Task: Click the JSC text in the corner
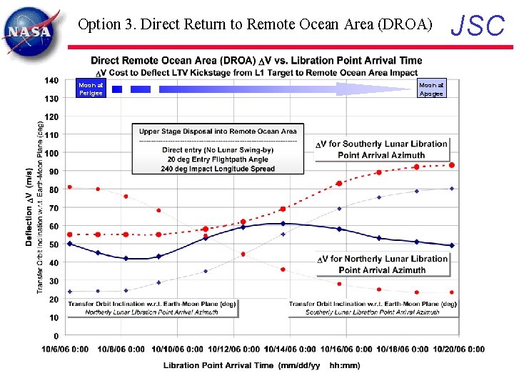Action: [x=479, y=26]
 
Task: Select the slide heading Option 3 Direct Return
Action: [x=255, y=24]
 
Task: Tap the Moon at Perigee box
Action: [x=91, y=89]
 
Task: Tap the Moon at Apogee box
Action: [x=431, y=89]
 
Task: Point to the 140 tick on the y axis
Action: [x=51, y=80]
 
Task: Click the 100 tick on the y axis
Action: [x=51, y=153]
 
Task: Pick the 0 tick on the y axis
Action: [x=56, y=336]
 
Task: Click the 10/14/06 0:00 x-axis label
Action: [x=289, y=350]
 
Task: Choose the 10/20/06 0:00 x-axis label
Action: [x=456, y=350]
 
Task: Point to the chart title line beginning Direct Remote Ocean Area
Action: [x=256, y=61]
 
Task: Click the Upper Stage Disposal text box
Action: [x=218, y=149]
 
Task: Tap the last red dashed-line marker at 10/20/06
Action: [x=452, y=165]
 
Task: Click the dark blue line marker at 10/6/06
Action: [x=69, y=244]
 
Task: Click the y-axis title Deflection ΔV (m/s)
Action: [x=29, y=207]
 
